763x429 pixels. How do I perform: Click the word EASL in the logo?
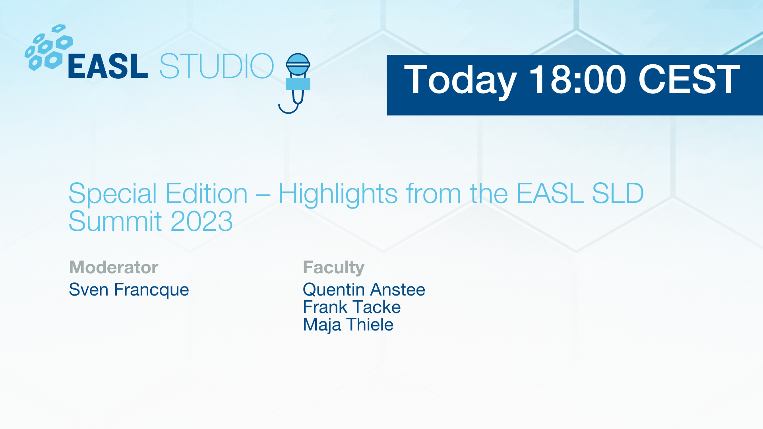tap(108, 66)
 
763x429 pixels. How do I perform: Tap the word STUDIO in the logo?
tap(217, 66)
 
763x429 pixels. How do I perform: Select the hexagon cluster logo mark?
tap(49, 48)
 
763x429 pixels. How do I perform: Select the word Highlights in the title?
tap(338, 195)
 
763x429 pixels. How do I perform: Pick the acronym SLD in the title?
tap(618, 193)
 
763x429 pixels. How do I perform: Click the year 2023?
tap(201, 221)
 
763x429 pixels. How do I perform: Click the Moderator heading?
tap(114, 267)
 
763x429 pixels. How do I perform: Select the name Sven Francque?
tap(129, 290)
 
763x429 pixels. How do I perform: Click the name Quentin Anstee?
tap(364, 290)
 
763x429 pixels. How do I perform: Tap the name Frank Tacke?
tap(352, 307)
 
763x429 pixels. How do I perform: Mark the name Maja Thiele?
tap(348, 325)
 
